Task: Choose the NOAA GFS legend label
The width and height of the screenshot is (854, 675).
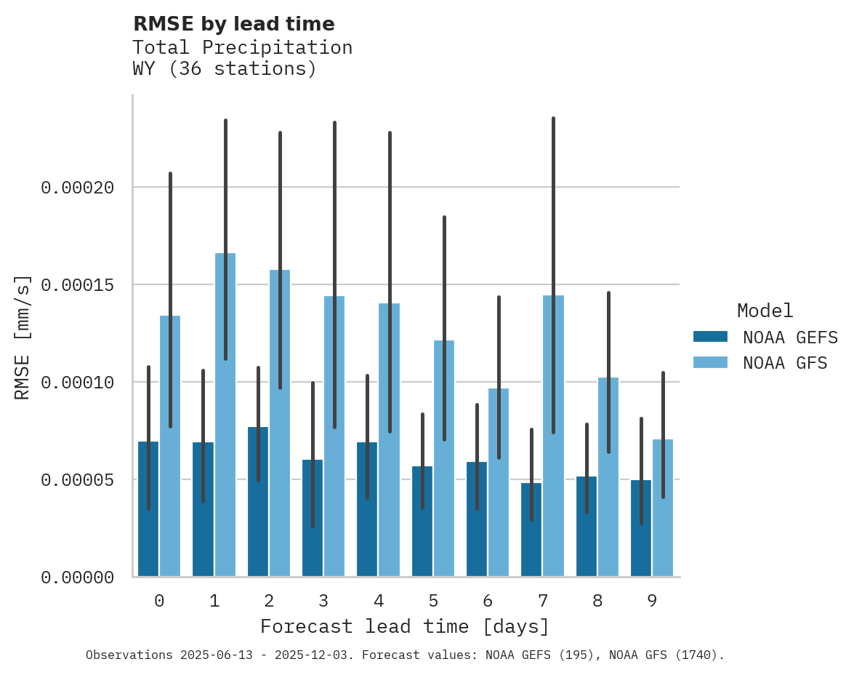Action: pos(785,362)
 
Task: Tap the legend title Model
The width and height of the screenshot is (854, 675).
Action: pos(765,311)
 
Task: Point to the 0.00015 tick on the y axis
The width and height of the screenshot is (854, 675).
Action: pos(78,284)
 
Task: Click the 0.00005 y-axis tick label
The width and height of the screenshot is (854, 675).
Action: pos(78,480)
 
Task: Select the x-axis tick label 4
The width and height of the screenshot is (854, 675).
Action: pos(378,601)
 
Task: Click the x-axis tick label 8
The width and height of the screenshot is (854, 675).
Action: pos(597,601)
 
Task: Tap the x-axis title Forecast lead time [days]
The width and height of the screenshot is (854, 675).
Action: pos(405,626)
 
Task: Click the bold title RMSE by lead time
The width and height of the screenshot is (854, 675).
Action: pos(233,24)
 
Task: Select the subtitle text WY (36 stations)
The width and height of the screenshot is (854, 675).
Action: pos(224,69)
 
